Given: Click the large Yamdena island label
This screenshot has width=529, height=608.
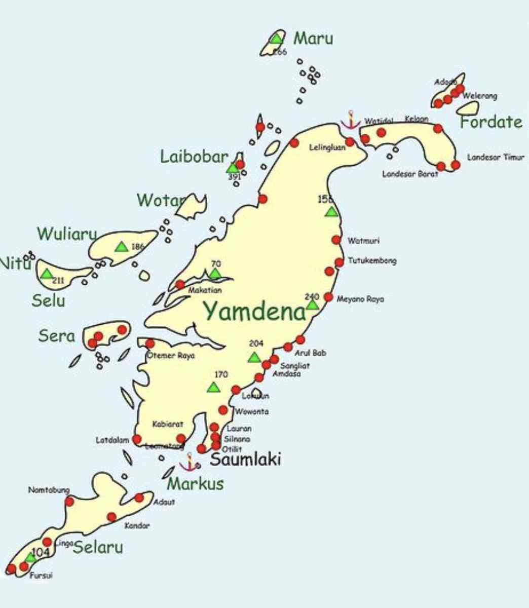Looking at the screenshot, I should pyautogui.click(x=255, y=311).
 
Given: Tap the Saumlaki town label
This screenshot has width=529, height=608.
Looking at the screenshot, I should pyautogui.click(x=245, y=459).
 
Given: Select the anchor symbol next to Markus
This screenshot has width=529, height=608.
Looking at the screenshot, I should pyautogui.click(x=189, y=463).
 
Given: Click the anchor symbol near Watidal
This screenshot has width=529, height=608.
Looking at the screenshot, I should pyautogui.click(x=350, y=120).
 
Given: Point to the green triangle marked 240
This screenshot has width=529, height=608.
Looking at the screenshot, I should pyautogui.click(x=312, y=305).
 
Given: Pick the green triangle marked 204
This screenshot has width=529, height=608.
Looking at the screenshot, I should pyautogui.click(x=254, y=357).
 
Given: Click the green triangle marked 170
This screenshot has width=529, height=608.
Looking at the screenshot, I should pyautogui.click(x=214, y=388).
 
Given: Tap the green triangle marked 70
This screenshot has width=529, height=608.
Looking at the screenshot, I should pyautogui.click(x=215, y=274).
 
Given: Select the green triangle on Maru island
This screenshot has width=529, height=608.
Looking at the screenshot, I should pyautogui.click(x=276, y=39).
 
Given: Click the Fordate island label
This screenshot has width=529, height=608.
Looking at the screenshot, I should pyautogui.click(x=490, y=122).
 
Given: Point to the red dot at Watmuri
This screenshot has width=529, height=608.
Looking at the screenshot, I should pyautogui.click(x=336, y=240).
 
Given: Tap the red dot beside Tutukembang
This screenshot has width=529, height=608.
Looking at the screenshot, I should pyautogui.click(x=339, y=262).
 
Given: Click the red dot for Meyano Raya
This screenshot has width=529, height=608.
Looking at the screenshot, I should pyautogui.click(x=328, y=297).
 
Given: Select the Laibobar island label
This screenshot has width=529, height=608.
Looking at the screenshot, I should pyautogui.click(x=194, y=157).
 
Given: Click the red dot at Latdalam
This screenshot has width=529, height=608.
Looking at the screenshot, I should pyautogui.click(x=137, y=439).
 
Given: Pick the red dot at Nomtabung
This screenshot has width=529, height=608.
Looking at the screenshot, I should pyautogui.click(x=69, y=502).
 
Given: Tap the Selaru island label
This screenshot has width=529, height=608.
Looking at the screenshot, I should pyautogui.click(x=98, y=547).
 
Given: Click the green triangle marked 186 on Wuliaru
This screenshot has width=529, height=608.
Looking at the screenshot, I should pyautogui.click(x=121, y=247).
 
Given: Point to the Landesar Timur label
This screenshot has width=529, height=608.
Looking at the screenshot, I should pyautogui.click(x=495, y=158).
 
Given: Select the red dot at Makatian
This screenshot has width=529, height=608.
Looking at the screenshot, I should pyautogui.click(x=180, y=285).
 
